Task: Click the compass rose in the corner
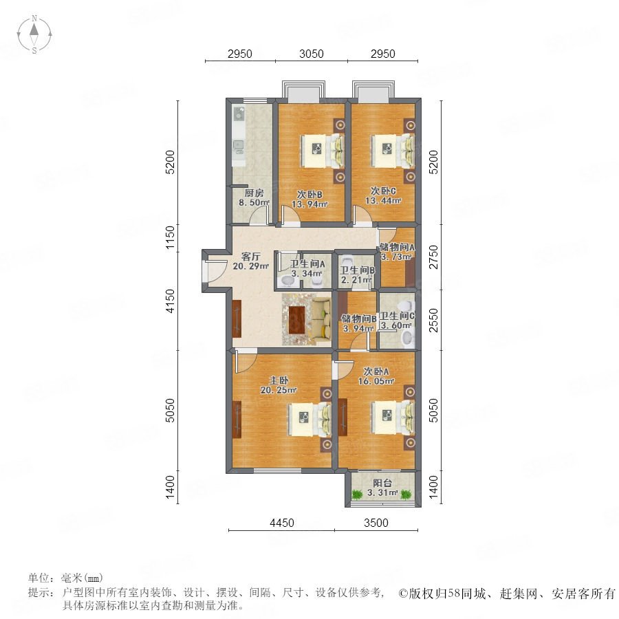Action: [34, 34]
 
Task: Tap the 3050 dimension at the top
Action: [312, 54]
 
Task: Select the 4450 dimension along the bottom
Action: [282, 523]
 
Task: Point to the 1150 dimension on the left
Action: [170, 237]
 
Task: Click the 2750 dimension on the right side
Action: [433, 257]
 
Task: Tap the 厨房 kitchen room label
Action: [254, 193]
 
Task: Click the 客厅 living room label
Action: [250, 257]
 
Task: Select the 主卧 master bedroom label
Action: [279, 380]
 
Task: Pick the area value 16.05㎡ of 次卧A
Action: [376, 381]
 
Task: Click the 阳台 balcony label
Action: [382, 483]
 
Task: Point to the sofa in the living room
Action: [322, 319]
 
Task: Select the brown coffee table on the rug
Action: [297, 319]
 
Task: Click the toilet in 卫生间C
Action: [407, 338]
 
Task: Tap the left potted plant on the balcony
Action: [357, 494]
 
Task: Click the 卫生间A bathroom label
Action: [307, 263]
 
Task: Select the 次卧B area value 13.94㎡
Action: [310, 204]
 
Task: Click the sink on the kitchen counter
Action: [239, 114]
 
